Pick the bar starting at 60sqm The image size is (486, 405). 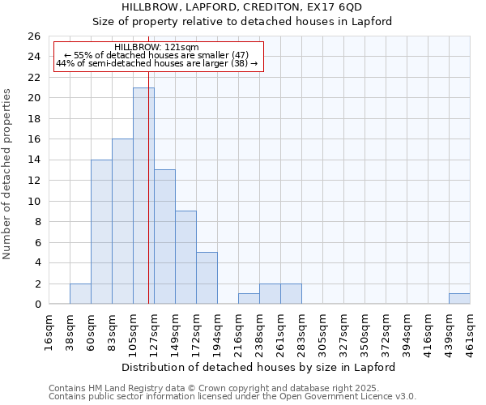tap(101, 232)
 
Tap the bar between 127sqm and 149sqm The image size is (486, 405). tap(164, 237)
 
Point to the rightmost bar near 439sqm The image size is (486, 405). tap(459, 299)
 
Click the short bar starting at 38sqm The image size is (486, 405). tap(80, 294)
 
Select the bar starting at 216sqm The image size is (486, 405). tap(249, 299)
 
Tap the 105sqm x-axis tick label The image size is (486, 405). tap(134, 329)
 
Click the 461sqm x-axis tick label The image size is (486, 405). tap(471, 329)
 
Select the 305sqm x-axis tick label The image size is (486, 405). tap(323, 329)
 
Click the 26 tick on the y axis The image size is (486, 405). tap(33, 36)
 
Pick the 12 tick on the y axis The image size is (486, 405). tap(33, 181)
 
